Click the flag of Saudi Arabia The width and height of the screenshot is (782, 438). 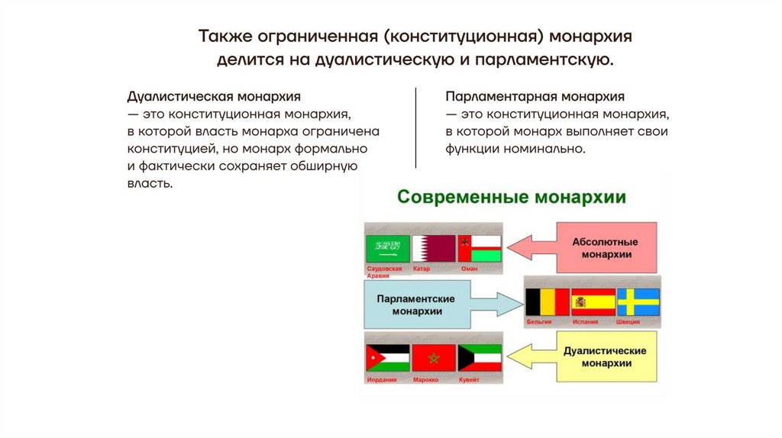point(389,249)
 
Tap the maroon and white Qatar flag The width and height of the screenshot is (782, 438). point(433,249)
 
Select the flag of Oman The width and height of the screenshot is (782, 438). point(479,249)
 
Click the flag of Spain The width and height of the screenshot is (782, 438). point(593,301)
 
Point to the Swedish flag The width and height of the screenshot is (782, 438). point(638,301)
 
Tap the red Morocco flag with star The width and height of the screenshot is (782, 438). point(433,358)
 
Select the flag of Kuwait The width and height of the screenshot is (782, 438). point(479,358)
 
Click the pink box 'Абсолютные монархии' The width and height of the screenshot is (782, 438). point(606,248)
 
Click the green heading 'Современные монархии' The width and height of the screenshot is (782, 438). point(512,198)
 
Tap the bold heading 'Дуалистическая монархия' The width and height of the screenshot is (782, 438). point(214,98)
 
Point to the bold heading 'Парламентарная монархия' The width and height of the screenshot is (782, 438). point(535,98)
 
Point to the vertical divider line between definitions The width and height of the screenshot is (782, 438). point(415,127)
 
